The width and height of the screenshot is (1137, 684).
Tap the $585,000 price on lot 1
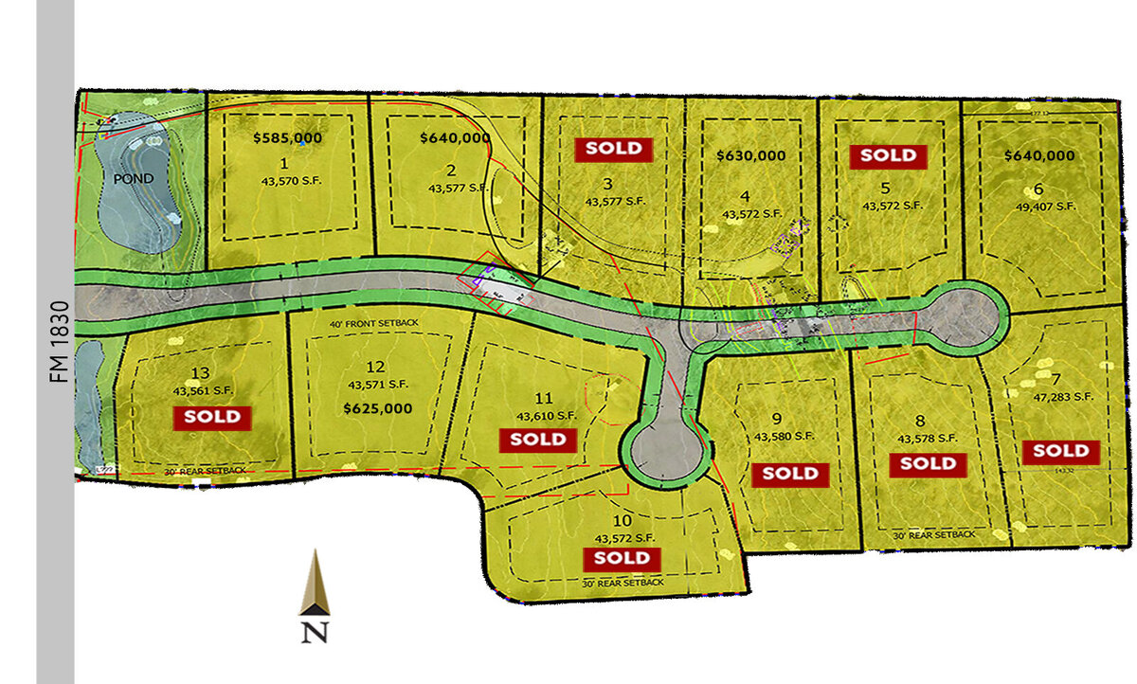[288, 137]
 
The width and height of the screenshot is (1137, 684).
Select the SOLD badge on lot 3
[614, 149]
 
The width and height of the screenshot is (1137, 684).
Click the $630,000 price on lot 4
[751, 154]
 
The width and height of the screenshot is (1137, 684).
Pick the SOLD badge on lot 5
[888, 155]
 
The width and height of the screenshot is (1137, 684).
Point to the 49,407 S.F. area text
[1039, 206]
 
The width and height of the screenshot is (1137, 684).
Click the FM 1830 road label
[55, 341]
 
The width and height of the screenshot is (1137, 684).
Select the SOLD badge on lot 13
[212, 416]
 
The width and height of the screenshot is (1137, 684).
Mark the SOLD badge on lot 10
[622, 558]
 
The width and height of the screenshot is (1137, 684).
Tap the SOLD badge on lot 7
[1061, 451]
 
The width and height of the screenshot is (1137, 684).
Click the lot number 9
[776, 418]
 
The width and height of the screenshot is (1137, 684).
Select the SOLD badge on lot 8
[929, 464]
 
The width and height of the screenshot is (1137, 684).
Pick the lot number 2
[452, 171]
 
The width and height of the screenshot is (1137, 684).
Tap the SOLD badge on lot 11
[538, 440]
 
